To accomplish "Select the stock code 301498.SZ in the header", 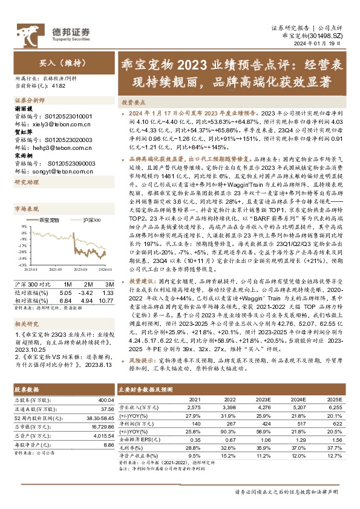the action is tap(330, 36).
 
